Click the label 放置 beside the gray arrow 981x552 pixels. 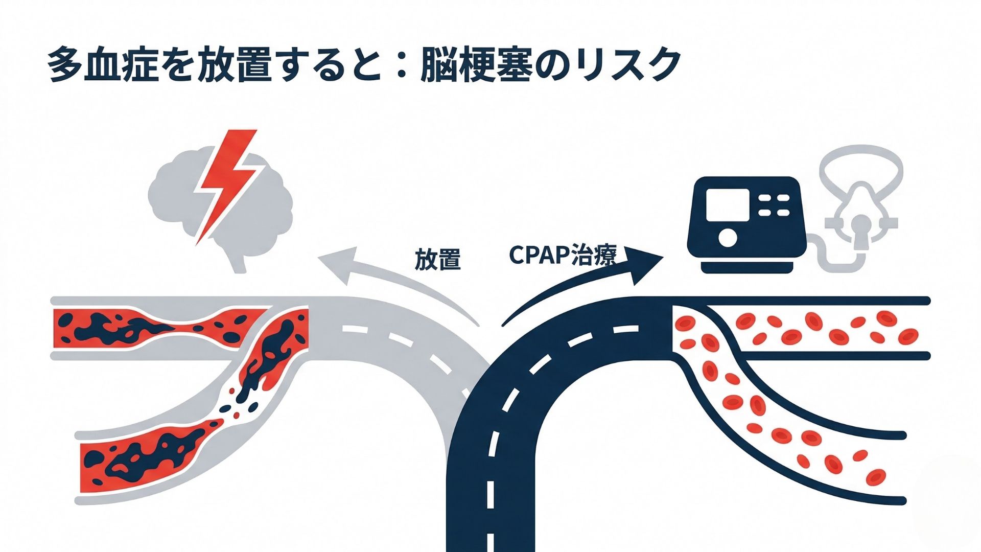click(x=437, y=260)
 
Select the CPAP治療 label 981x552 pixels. click(x=563, y=255)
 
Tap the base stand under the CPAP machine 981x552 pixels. click(x=747, y=266)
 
